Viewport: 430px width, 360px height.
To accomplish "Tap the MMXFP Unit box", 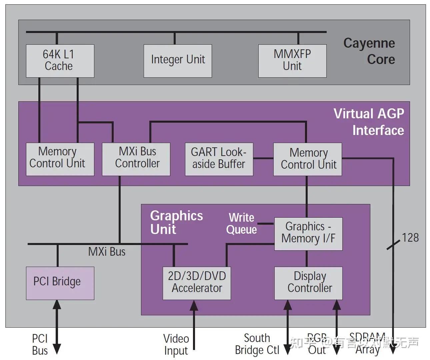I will coord(292,61).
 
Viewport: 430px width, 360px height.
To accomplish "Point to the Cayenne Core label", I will coord(369,51).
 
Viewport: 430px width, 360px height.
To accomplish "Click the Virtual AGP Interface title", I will coord(369,122).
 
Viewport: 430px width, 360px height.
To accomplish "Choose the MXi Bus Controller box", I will coord(136,159).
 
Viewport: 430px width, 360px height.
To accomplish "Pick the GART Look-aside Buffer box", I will coord(219,159).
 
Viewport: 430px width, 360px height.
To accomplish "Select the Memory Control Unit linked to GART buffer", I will coord(308,159).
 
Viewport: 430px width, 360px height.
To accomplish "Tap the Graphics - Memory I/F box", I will coord(308,233).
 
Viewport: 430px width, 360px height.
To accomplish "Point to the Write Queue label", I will coord(241,224).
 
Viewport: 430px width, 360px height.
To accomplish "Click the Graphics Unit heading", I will coord(176,222).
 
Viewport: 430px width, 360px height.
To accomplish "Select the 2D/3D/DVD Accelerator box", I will coord(197,283).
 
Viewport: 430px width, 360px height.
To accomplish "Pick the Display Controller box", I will coord(308,283).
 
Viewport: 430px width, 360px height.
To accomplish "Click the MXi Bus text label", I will coord(107,252).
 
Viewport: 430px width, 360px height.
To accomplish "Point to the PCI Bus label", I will coord(40,344).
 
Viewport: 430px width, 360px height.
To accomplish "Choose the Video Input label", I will coord(176,344).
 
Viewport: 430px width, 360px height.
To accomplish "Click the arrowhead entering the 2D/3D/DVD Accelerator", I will coord(194,305).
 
